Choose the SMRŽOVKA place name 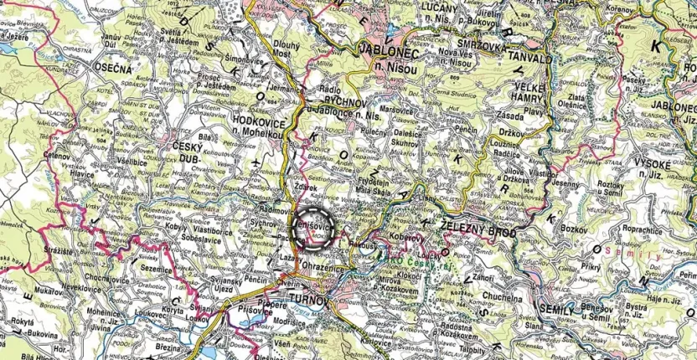473,47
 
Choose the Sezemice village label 156,270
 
